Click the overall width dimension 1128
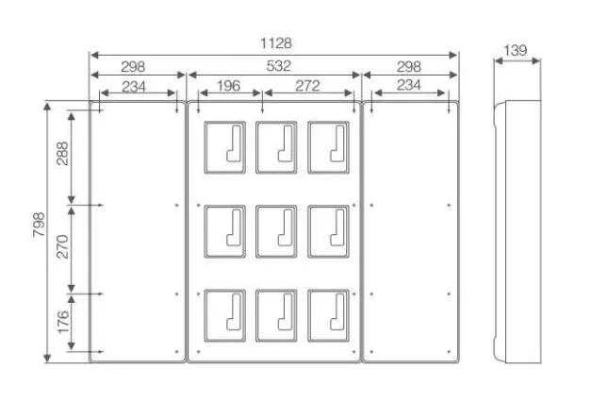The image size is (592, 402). [276, 43]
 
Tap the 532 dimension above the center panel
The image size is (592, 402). [279, 66]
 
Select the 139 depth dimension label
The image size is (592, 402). [516, 50]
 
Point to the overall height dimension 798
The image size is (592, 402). [39, 225]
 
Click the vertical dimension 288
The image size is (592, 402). [62, 154]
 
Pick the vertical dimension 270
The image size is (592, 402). [62, 246]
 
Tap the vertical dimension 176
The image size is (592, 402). [63, 323]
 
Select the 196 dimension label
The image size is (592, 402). [228, 86]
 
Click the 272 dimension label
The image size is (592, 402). [307, 86]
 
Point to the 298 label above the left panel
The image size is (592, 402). [133, 67]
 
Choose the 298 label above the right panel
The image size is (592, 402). [409, 67]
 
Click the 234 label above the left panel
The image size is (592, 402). [134, 87]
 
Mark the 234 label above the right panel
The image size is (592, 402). [409, 85]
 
